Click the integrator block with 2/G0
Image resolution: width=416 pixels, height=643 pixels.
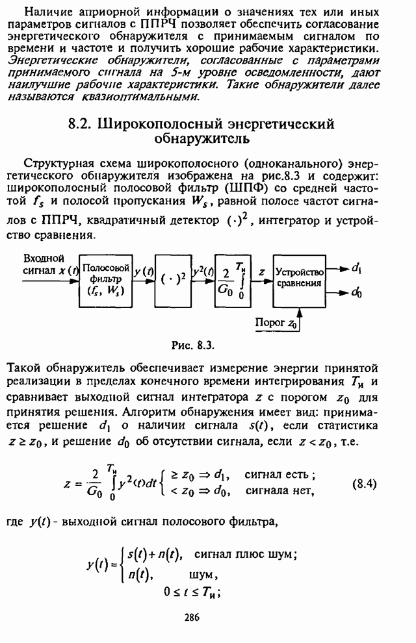233,279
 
